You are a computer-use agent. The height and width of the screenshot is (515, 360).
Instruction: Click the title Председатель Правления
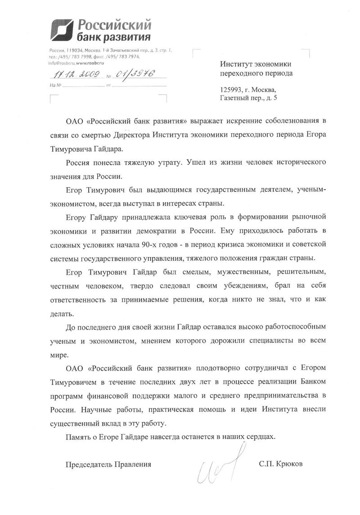pos(108,464)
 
